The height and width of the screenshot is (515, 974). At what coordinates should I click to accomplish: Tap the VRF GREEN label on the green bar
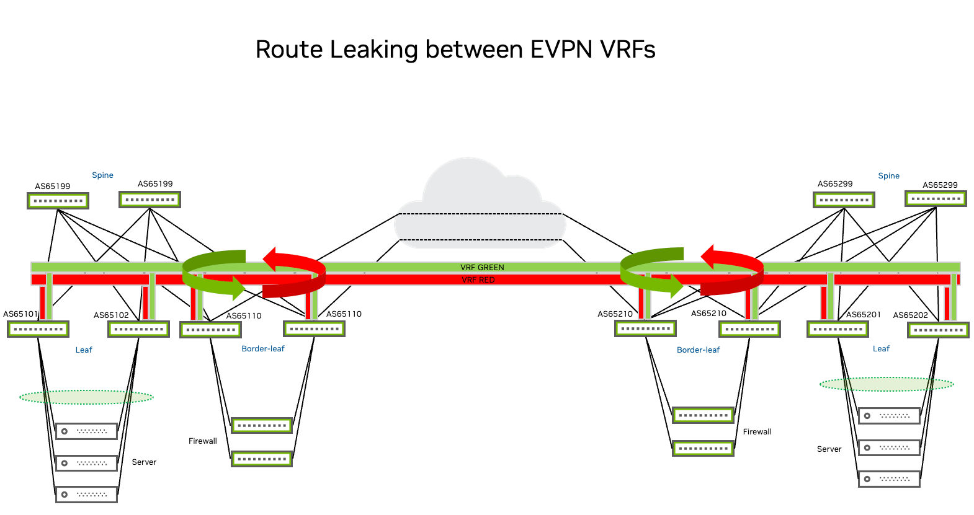(x=482, y=267)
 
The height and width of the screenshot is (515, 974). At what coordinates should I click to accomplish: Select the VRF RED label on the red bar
(x=478, y=280)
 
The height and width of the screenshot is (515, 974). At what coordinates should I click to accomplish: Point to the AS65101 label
(x=20, y=314)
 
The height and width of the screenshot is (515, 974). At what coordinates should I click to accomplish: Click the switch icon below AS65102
(x=138, y=329)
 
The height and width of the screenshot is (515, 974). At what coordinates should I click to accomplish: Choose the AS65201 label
(x=863, y=315)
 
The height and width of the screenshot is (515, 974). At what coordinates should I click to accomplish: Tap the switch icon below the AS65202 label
(x=938, y=330)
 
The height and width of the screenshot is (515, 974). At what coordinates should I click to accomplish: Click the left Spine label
(x=102, y=175)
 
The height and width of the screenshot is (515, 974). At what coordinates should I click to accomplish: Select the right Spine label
(x=888, y=176)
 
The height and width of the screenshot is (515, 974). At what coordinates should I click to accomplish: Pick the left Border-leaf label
(x=263, y=349)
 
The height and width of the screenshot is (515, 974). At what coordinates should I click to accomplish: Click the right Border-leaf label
(x=698, y=350)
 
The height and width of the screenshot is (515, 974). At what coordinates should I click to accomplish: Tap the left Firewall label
(x=203, y=441)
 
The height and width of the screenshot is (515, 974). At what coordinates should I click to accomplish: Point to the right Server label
(x=829, y=449)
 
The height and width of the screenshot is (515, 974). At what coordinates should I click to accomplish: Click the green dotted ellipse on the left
(x=87, y=397)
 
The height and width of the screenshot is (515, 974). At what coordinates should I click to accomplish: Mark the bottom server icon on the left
(x=86, y=494)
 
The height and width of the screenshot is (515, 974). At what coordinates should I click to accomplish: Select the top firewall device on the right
(x=703, y=415)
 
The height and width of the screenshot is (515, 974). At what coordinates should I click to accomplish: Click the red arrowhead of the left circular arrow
(x=271, y=258)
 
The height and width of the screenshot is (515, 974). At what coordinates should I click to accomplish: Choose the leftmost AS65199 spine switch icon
(x=58, y=201)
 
